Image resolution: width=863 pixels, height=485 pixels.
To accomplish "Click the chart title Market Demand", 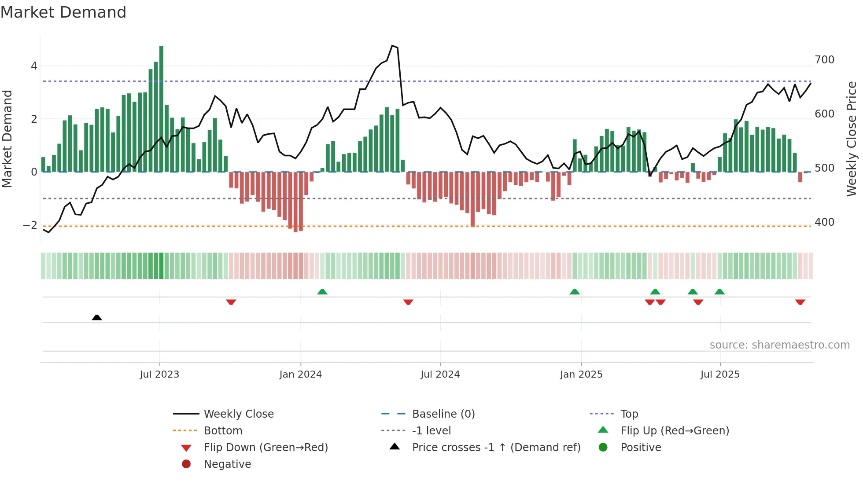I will pos(63,12).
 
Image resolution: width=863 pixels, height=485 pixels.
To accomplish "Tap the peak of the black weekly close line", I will pos(392,46).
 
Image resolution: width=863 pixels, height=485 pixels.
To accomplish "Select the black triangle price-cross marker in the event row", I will pos(97,317).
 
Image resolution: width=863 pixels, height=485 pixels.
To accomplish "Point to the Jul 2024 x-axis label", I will pos(440,375).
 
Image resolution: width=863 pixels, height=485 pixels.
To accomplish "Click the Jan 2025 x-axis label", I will pos(581,375).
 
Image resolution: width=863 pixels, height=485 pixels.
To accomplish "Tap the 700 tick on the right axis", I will pos(824,60).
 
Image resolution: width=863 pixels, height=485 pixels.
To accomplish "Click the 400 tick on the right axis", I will pos(824,222).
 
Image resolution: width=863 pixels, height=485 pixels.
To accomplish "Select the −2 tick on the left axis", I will pos(30,225).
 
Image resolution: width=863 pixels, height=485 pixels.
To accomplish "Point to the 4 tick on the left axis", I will pos(34,66).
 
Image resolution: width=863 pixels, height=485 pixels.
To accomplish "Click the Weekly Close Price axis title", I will pos(852,139).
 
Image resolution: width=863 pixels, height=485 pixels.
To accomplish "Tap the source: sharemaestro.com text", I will pos(779,345).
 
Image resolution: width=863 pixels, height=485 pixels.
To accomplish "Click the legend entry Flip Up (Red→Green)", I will pos(675,430).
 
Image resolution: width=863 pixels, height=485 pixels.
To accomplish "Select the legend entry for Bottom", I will pos(223,430).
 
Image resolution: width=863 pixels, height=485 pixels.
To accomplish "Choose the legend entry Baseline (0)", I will pos(443,414).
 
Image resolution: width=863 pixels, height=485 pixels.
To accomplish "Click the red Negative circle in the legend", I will pos(186,464).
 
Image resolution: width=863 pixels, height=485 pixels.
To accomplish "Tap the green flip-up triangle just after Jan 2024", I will pos(322,292).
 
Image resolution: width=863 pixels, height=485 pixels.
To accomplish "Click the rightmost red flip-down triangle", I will pos(800,302).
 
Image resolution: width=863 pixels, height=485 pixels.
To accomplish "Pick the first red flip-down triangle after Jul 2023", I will pos(231,302).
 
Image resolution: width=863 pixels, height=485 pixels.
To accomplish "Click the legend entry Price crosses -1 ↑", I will pos(496,447).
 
